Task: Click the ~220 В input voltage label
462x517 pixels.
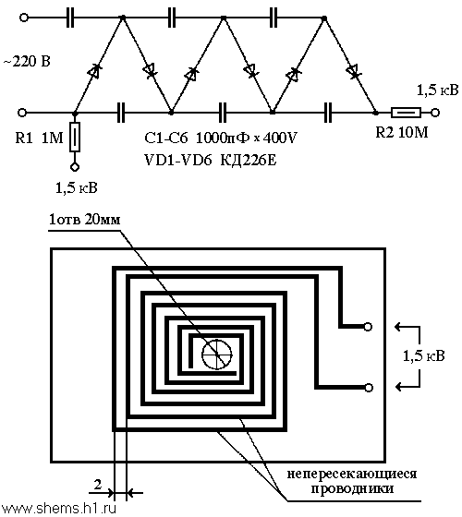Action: click(27, 62)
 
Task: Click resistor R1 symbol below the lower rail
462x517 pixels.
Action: click(75, 137)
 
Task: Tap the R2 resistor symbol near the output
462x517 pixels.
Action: click(406, 113)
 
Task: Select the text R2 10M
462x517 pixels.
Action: click(402, 133)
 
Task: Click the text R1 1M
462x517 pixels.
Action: click(39, 138)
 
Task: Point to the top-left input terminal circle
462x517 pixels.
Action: click(24, 18)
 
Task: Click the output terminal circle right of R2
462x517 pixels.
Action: click(435, 113)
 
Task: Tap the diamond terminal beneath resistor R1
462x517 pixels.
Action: click(75, 167)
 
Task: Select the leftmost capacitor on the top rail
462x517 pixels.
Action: click(70, 18)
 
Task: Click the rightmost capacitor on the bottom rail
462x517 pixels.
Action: click(328, 113)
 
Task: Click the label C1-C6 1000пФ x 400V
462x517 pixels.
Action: click(221, 138)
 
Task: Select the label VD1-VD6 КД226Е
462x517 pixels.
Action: click(211, 161)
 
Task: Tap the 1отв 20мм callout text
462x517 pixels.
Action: click(85, 220)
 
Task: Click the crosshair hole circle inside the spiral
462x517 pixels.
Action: click(216, 355)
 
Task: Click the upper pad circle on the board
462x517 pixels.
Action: click(368, 327)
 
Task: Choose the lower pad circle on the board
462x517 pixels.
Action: click(369, 388)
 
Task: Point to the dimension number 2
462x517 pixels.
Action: click(98, 485)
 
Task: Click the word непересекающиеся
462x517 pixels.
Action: click(352, 475)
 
